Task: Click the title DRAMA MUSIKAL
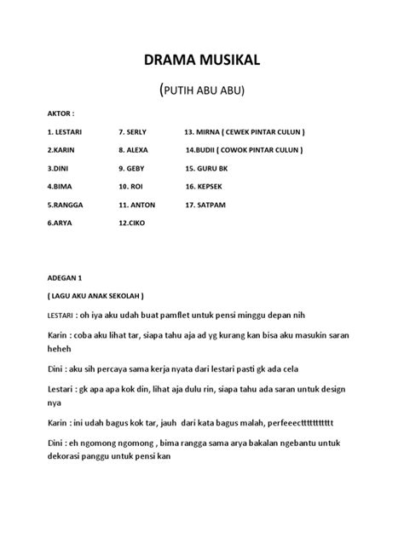[x=201, y=60]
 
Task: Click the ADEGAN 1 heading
[x=66, y=278]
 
